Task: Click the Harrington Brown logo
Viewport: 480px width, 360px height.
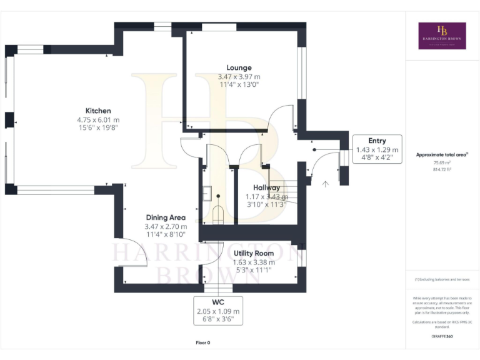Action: [442, 36]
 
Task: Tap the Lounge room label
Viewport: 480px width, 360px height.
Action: [239, 67]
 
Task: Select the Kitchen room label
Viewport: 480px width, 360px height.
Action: [98, 111]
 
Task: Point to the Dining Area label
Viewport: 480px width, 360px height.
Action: [166, 217]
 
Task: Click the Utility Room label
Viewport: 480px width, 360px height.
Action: [253, 253]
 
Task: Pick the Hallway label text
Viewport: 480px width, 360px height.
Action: [266, 187]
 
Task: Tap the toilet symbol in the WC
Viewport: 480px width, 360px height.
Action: [219, 214]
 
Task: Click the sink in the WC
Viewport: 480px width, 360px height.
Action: [207, 194]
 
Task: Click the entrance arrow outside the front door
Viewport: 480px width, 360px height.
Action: [324, 184]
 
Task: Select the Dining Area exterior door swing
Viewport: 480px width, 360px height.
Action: [134, 254]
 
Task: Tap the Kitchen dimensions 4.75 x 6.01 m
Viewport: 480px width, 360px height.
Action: [98, 119]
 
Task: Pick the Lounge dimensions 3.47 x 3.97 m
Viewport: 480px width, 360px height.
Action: [239, 76]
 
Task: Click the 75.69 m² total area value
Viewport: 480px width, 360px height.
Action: [442, 162]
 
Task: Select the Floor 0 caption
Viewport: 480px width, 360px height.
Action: [202, 342]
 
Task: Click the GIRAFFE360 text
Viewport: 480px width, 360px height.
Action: [442, 337]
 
